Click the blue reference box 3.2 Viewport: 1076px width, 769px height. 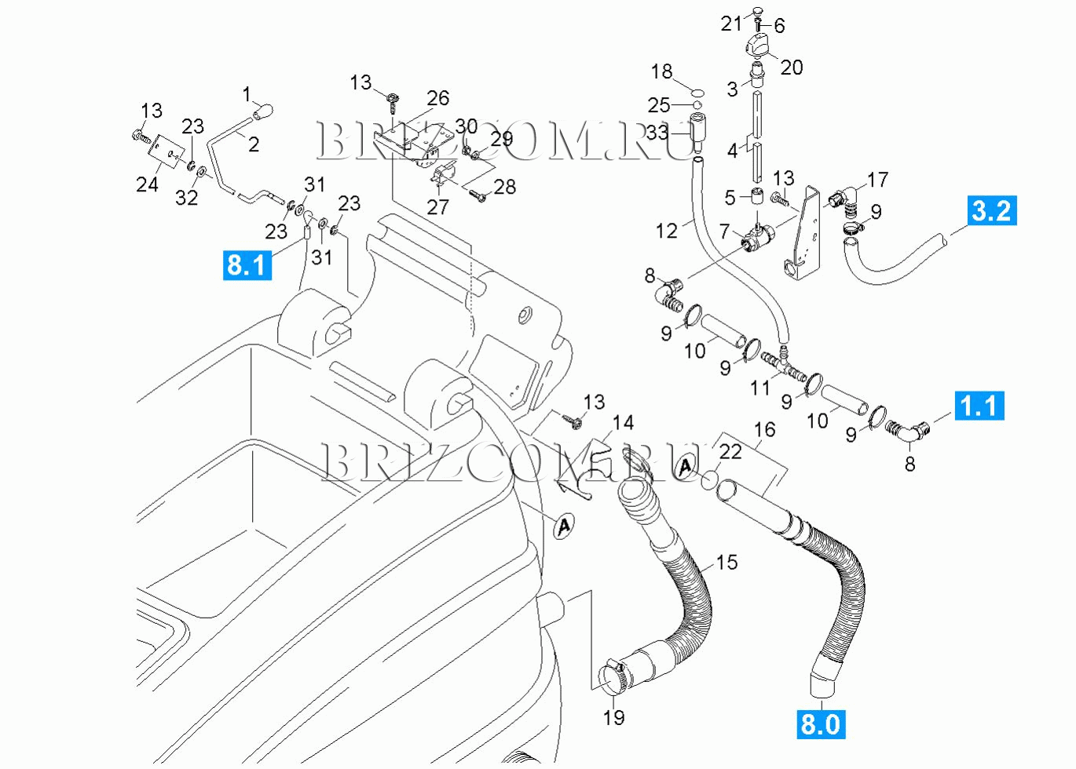(991, 210)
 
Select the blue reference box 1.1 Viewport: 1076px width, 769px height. (979, 406)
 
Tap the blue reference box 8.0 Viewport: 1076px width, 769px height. (820, 723)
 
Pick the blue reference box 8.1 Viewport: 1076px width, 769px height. (247, 265)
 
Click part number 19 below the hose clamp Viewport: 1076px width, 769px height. (613, 717)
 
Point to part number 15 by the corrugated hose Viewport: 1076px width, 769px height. (726, 562)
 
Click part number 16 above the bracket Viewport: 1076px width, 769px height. (764, 429)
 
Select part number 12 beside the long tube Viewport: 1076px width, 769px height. (666, 231)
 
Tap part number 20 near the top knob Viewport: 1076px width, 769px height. (791, 67)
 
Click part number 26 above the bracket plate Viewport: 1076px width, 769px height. (437, 98)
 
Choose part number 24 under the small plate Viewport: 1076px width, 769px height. (147, 184)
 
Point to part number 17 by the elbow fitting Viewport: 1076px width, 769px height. (877, 180)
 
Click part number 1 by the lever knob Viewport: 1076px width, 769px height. (247, 94)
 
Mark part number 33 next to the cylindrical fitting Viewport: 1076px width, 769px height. (657, 133)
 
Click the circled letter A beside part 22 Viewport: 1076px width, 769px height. (686, 467)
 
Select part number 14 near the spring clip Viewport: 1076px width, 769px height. (623, 423)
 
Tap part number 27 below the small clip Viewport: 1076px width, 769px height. (437, 207)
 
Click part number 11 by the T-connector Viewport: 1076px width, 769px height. (759, 387)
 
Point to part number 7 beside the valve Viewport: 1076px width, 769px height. (724, 231)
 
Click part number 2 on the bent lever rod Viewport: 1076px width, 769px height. (254, 144)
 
